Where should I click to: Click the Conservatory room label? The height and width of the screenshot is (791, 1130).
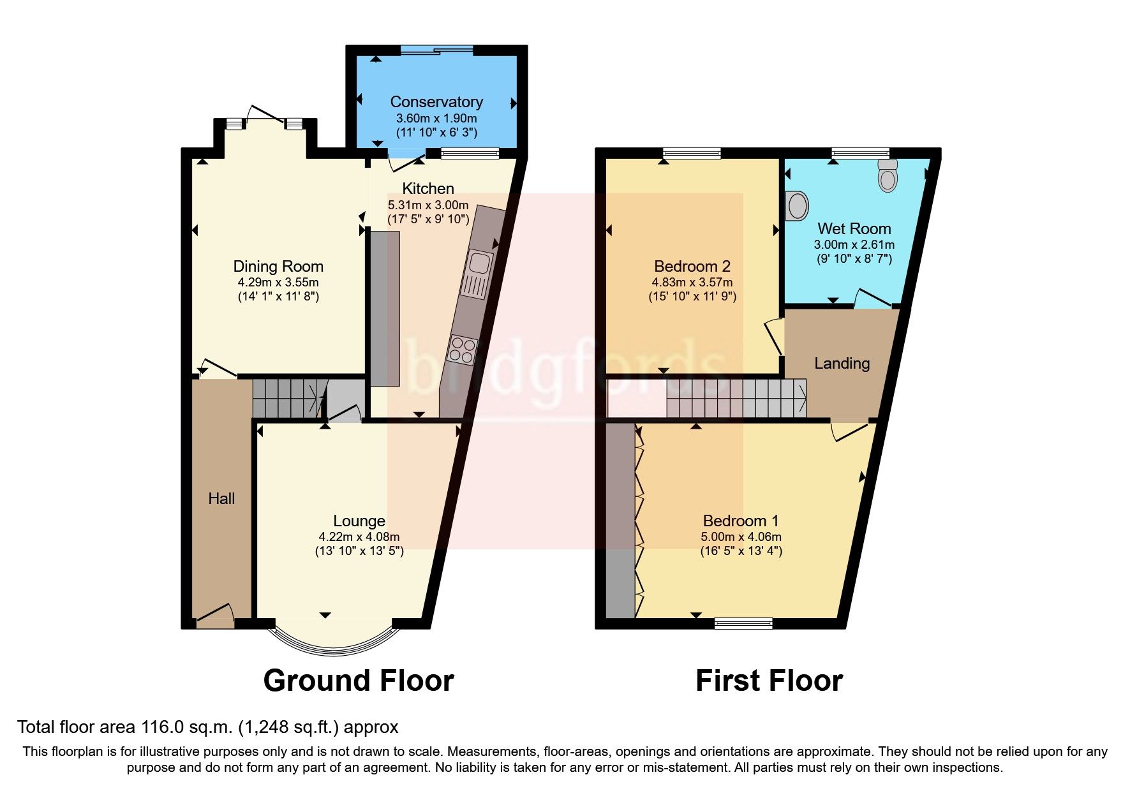436,102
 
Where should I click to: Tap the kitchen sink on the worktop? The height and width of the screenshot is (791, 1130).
477,275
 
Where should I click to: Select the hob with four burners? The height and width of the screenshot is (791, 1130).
463,349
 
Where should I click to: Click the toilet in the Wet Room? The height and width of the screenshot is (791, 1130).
888,175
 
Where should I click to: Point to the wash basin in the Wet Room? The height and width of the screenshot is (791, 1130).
796,205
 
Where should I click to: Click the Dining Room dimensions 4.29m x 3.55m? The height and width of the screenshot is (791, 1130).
278,282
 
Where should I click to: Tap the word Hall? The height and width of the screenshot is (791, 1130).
221,499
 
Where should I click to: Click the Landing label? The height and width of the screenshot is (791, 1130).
842,364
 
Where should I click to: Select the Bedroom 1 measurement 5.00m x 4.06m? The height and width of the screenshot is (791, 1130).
741,537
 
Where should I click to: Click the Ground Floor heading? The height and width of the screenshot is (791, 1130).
359,681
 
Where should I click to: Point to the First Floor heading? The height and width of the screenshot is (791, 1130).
769,681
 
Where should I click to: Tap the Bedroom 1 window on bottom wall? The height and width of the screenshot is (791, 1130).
743,623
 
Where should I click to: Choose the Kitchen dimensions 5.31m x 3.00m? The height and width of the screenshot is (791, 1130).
428,205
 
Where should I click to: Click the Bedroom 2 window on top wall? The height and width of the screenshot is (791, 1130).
692,153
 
